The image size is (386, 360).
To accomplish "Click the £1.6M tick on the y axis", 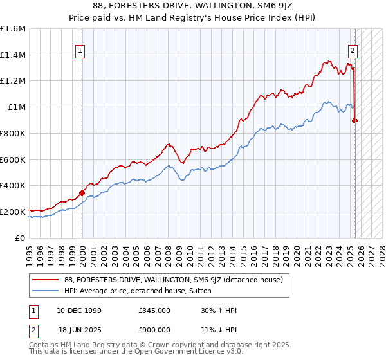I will [x=14, y=29].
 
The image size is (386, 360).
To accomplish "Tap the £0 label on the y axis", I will [x=21, y=238].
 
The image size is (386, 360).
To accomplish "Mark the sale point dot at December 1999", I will [x=82, y=192].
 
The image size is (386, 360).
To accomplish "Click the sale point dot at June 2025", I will [x=355, y=120].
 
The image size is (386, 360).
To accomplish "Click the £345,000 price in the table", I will [x=154, y=310].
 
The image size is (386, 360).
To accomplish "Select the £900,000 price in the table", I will [x=154, y=329].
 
